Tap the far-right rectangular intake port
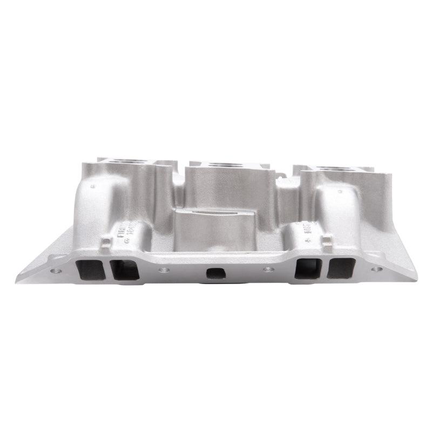342,268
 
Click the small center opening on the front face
215,273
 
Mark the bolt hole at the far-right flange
376,268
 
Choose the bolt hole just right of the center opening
265,269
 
